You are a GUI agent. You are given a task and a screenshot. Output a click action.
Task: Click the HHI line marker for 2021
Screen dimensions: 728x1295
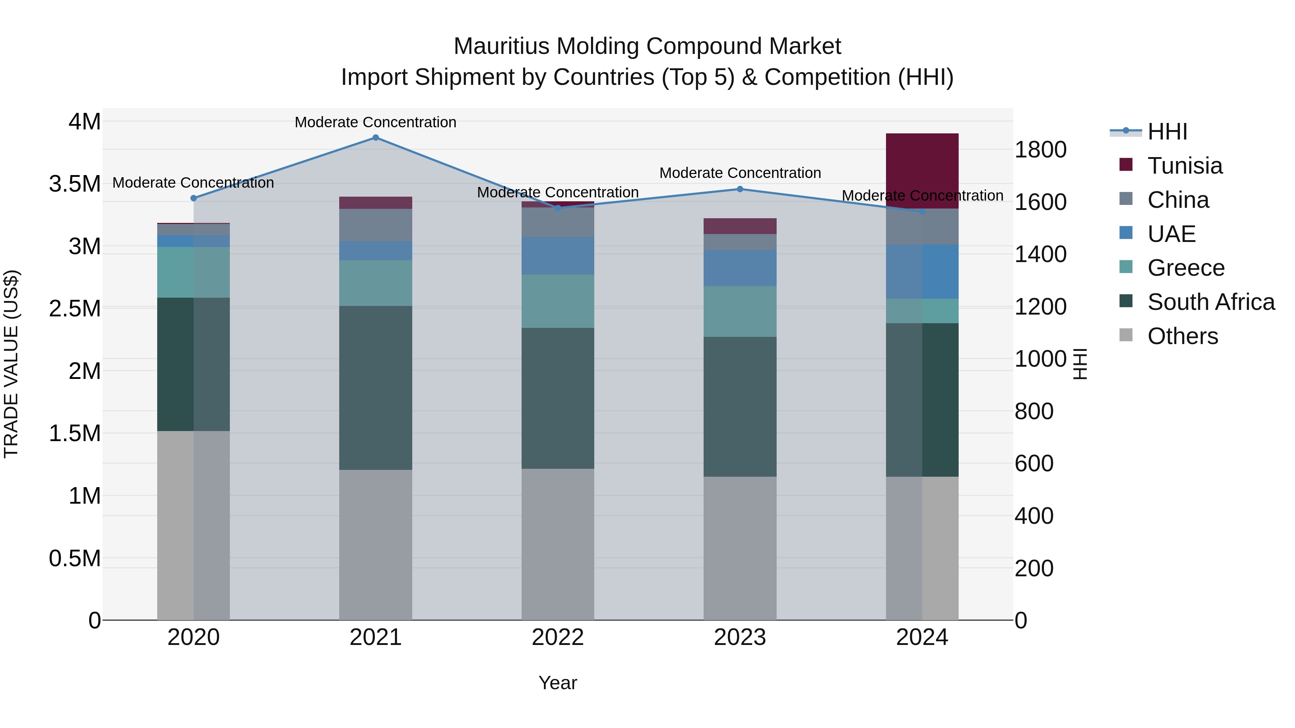[376, 138]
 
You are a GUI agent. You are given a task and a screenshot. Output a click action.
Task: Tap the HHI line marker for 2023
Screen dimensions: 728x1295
[740, 189]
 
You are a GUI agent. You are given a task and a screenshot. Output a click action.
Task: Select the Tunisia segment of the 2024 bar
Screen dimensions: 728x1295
[922, 171]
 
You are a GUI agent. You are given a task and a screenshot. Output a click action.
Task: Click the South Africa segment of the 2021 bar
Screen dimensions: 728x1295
[376, 388]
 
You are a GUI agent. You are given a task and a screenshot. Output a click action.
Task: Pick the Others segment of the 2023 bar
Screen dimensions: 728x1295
[740, 548]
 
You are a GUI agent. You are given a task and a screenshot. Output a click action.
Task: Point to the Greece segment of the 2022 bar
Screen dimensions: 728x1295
[558, 302]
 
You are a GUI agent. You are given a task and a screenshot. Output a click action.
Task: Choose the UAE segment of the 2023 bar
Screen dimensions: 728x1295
[740, 268]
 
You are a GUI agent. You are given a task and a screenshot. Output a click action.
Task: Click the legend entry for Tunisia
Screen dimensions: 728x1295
[1185, 166]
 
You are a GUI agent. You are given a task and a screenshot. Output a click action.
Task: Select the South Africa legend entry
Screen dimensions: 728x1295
[1210, 302]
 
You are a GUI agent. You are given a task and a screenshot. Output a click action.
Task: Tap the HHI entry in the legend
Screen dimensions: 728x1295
[1167, 132]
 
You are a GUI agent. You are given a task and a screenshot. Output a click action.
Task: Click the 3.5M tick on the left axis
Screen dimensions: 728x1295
[75, 184]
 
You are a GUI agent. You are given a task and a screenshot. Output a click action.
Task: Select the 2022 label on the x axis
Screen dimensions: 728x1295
[558, 637]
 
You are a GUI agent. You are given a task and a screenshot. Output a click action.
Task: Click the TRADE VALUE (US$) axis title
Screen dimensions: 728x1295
[12, 364]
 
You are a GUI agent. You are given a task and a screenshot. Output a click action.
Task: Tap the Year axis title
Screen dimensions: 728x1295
[558, 683]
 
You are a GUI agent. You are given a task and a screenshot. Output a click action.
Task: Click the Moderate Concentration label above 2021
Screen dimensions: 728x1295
[376, 122]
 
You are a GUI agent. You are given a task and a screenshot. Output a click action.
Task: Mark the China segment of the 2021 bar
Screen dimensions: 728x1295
[376, 225]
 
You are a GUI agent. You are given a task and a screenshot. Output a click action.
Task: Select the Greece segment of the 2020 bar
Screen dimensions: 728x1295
[194, 272]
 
